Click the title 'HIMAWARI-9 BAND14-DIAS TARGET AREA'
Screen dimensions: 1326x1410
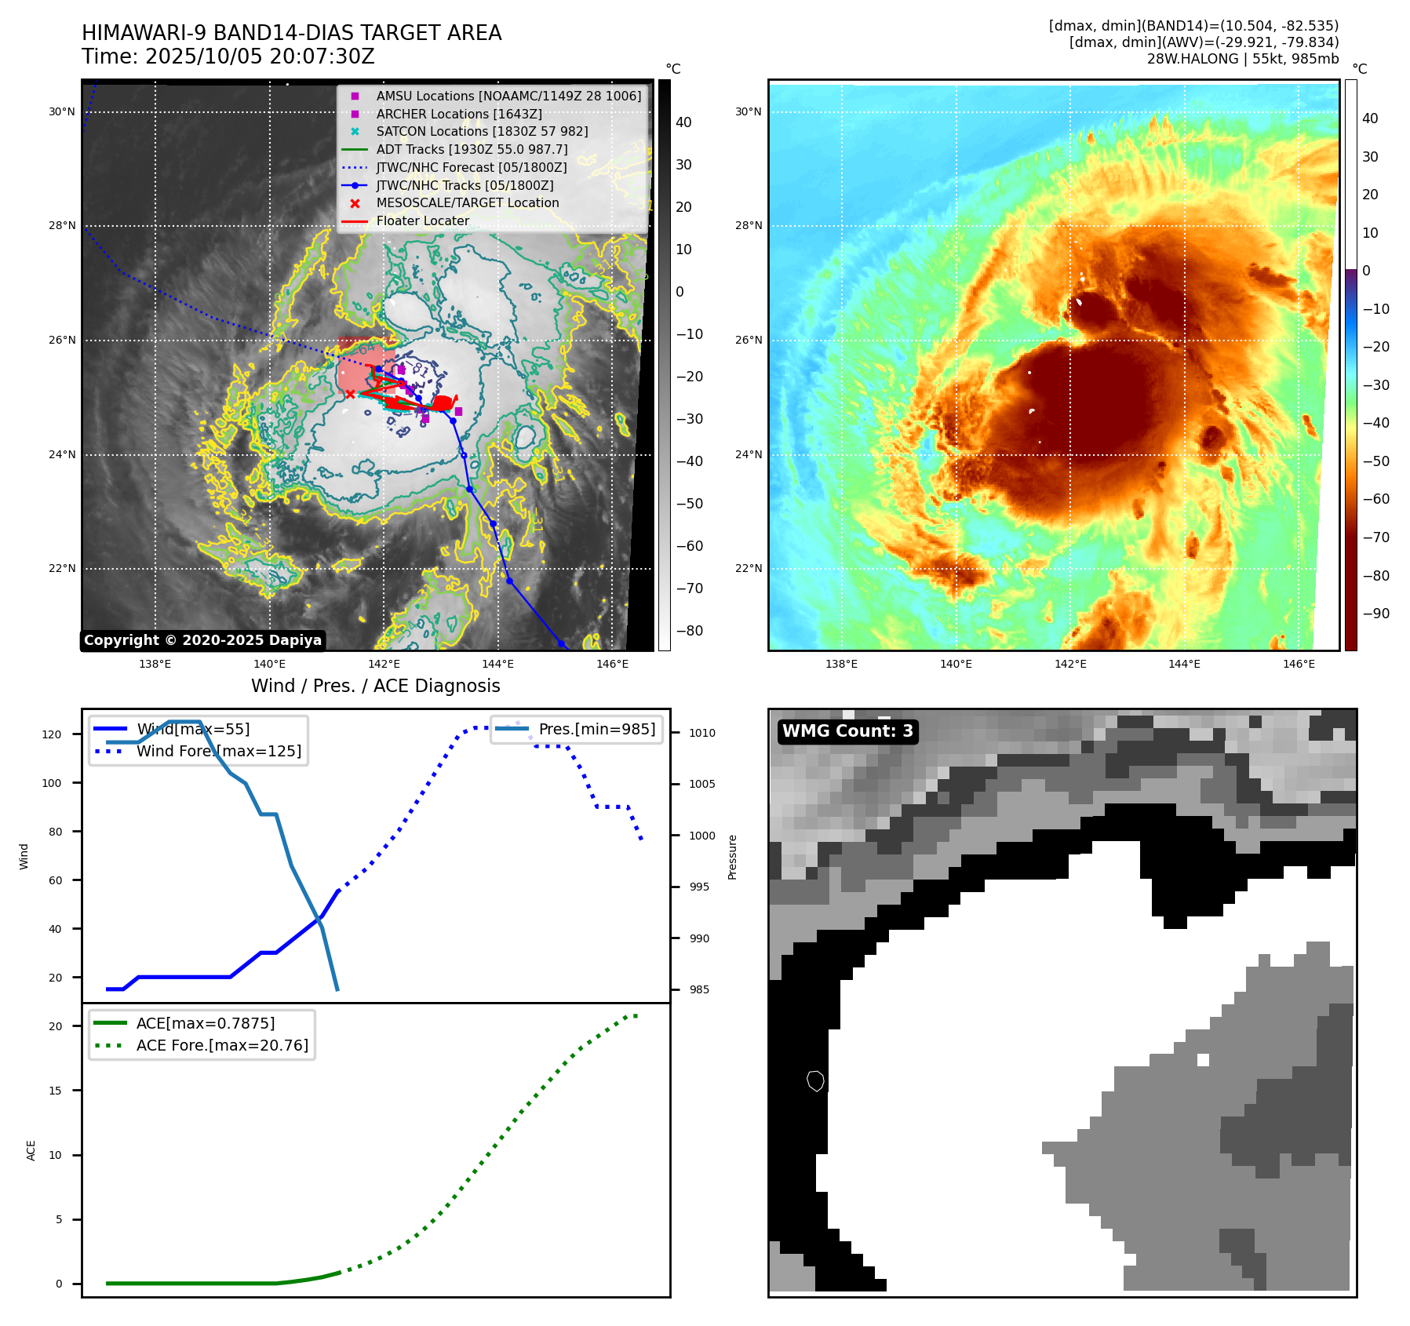click(x=291, y=33)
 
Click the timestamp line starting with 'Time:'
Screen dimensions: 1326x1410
click(x=228, y=56)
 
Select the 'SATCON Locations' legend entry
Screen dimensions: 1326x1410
click(x=481, y=131)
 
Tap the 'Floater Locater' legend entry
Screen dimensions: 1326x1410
click(x=422, y=220)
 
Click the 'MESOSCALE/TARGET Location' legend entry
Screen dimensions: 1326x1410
click(x=467, y=202)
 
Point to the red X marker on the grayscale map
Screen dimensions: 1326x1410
click(x=350, y=394)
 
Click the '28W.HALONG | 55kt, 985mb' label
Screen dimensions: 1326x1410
click(x=1242, y=59)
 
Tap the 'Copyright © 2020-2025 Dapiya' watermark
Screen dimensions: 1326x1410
click(x=202, y=640)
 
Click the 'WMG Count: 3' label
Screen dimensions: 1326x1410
click(x=847, y=731)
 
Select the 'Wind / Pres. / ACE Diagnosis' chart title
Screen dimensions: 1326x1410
click(x=375, y=686)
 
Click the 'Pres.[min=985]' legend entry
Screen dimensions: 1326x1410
click(x=596, y=729)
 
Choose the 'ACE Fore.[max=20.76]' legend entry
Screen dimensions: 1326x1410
click(x=222, y=1045)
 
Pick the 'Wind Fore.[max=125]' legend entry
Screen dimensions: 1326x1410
click(x=218, y=751)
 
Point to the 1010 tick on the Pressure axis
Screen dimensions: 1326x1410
click(x=701, y=733)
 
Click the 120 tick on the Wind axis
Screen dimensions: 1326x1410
click(x=52, y=734)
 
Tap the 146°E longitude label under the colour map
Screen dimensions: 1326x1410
click(x=1299, y=664)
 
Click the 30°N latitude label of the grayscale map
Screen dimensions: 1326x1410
click(x=62, y=111)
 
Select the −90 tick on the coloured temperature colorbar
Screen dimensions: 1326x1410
click(x=1375, y=614)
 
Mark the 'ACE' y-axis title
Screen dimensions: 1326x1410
click(x=31, y=1150)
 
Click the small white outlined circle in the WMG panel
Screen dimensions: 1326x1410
click(x=815, y=1081)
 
